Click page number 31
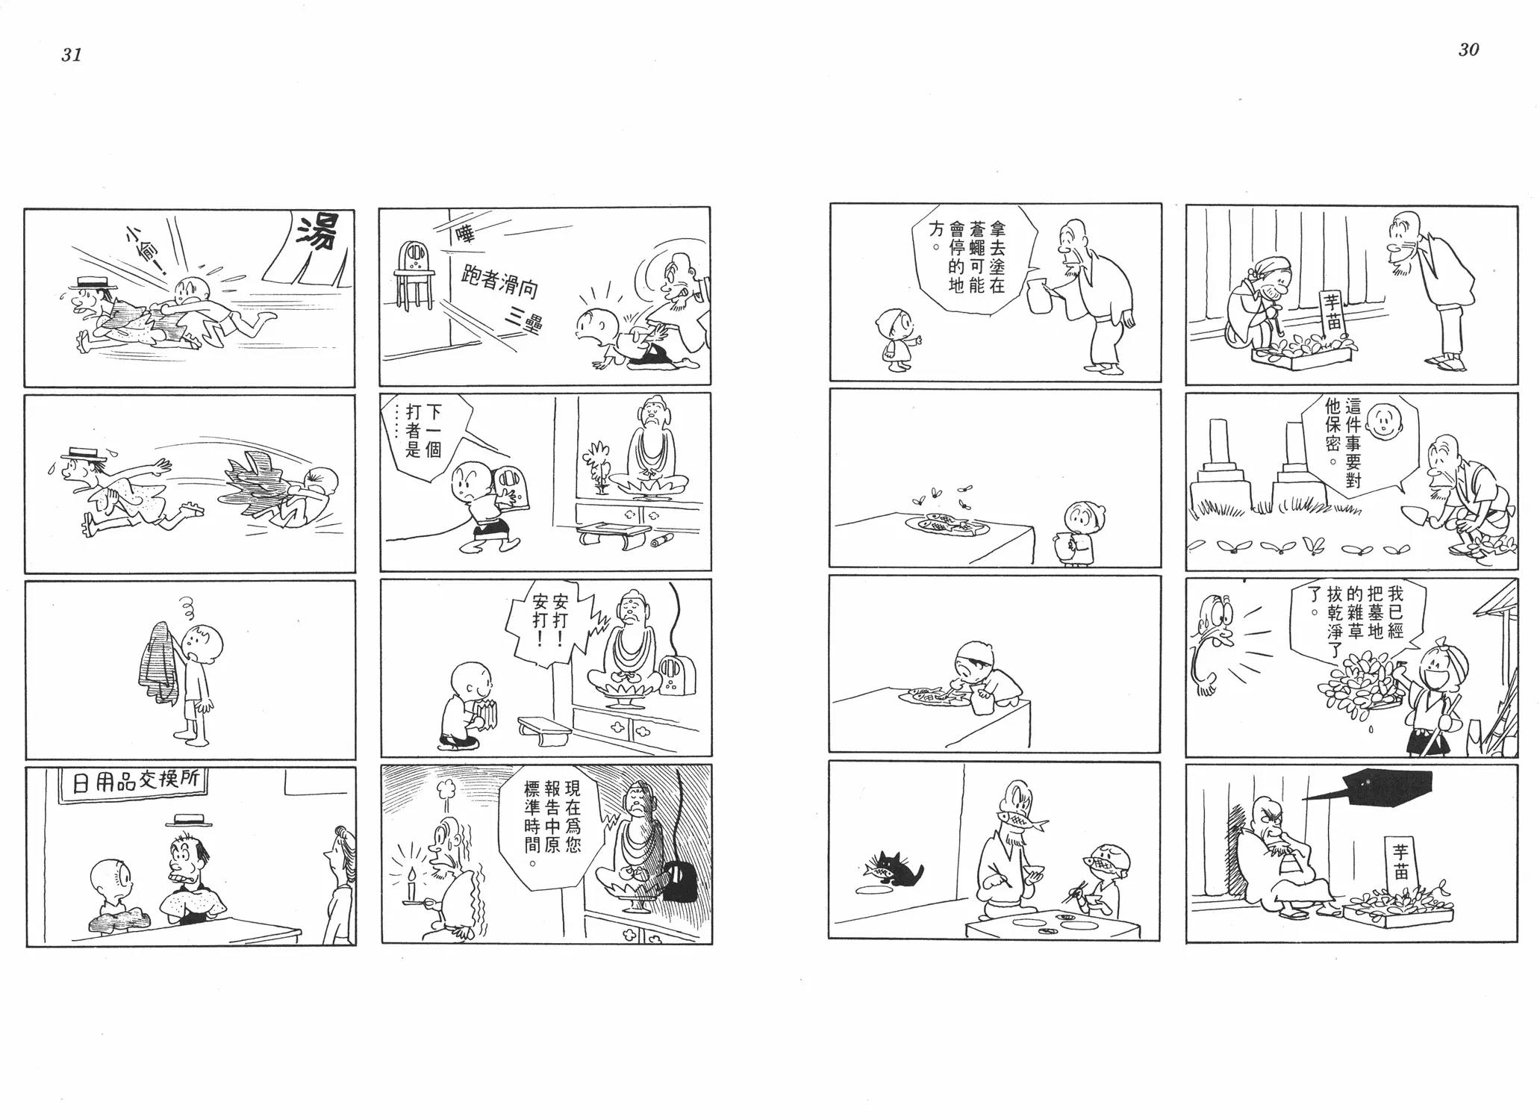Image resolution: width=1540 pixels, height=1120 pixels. pos(72,55)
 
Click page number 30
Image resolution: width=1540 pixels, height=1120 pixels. pos(1468,50)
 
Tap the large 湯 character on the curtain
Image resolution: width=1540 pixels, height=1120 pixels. pos(318,233)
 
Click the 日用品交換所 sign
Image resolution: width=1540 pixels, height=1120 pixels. pos(134,783)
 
